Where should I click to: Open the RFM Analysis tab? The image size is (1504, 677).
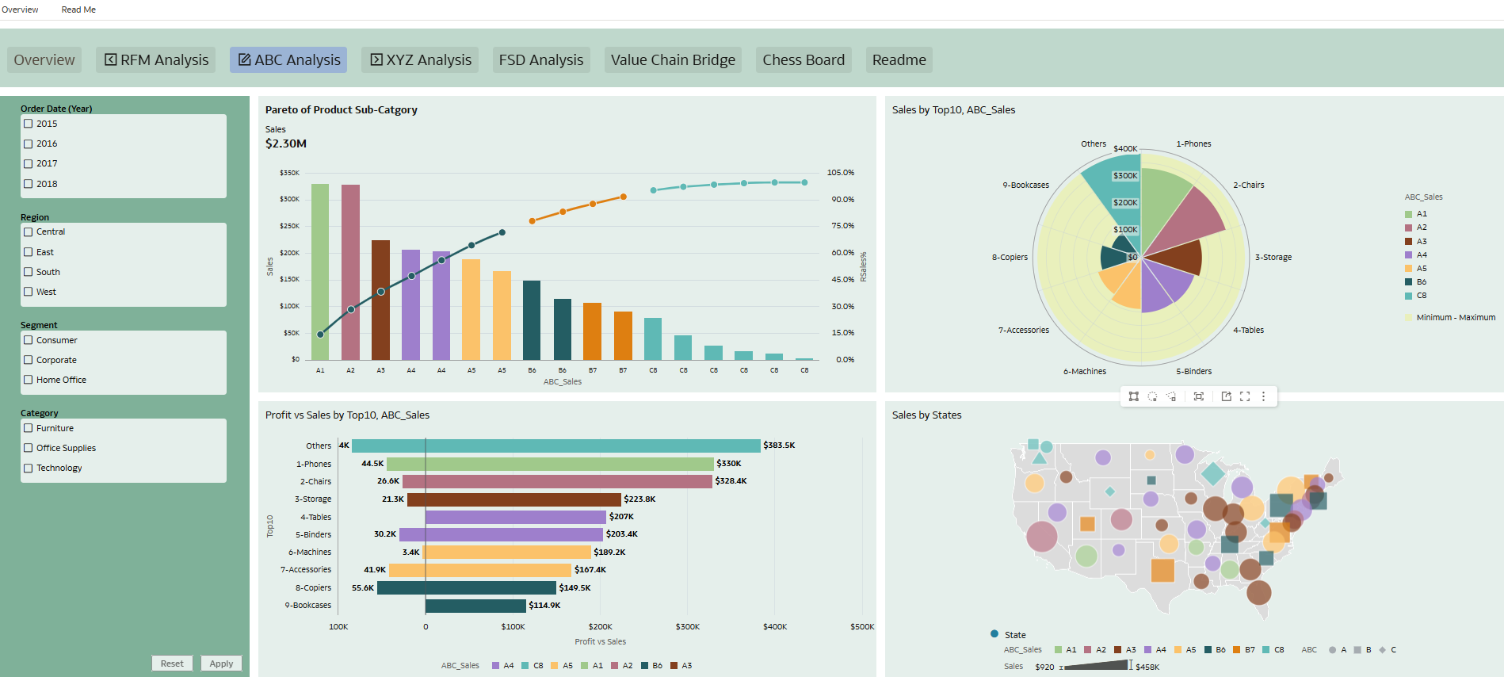157,60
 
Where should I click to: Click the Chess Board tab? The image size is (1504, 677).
803,60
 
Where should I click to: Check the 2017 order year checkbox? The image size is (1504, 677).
29,164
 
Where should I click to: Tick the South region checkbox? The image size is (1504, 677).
29,272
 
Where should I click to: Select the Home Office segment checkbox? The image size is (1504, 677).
29,380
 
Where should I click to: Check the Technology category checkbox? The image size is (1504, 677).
29,468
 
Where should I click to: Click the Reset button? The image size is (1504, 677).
172,664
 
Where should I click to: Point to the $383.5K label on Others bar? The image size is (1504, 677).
779,446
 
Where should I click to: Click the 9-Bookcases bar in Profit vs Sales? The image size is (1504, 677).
475,606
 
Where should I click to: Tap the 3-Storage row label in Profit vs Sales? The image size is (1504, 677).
313,499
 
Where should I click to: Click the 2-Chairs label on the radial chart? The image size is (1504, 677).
1248,186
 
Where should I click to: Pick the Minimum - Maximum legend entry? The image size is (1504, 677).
1455,317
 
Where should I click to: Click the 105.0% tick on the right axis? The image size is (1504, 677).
840,173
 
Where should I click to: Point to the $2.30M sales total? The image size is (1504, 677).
285,143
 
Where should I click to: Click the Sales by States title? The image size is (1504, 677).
926,415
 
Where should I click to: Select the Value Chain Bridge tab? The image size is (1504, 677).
673,60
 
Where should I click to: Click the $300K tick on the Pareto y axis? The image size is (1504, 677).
289,199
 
